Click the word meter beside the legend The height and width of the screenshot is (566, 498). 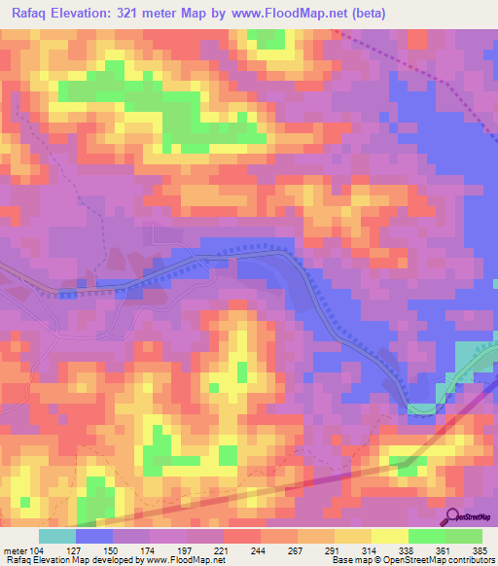(x=16, y=550)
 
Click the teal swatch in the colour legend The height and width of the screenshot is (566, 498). (x=56, y=536)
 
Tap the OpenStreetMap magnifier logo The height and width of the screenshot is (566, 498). (x=453, y=516)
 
